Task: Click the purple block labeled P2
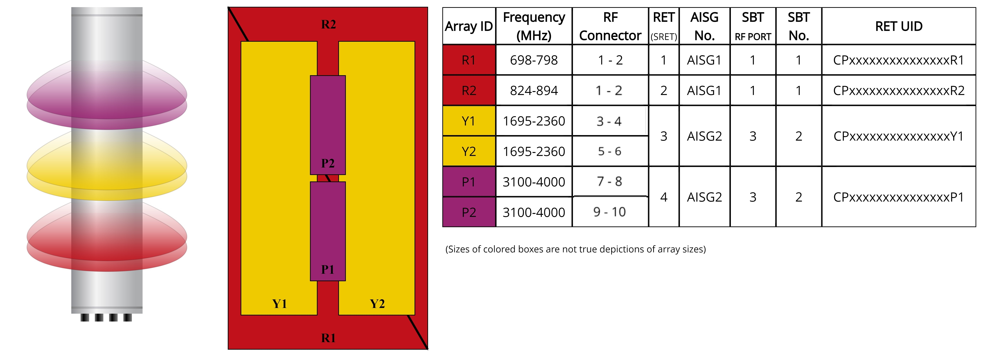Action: (328, 125)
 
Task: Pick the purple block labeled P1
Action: (328, 231)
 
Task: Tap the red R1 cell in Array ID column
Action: (469, 60)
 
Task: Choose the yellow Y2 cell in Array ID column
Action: (469, 151)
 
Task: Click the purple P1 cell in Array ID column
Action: (469, 182)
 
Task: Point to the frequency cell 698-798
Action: (534, 60)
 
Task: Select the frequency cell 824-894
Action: (534, 90)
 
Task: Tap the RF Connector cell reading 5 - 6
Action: (609, 151)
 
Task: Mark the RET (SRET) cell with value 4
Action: (664, 197)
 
